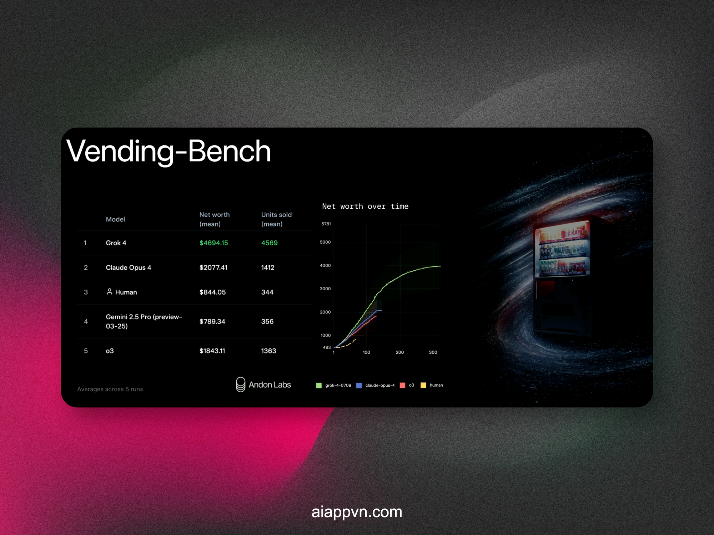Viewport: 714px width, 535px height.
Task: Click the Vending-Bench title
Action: pyautogui.click(x=169, y=151)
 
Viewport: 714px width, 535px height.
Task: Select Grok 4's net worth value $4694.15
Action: pyautogui.click(x=213, y=243)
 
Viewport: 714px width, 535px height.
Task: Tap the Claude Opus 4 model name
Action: pyautogui.click(x=129, y=267)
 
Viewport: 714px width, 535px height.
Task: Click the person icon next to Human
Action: pyautogui.click(x=110, y=292)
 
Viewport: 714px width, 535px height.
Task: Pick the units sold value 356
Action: pyautogui.click(x=267, y=321)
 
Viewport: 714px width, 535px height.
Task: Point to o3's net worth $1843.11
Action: pyautogui.click(x=212, y=351)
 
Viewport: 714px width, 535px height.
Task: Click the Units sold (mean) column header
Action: pyautogui.click(x=276, y=219)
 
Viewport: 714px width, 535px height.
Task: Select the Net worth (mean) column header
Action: pyautogui.click(x=214, y=219)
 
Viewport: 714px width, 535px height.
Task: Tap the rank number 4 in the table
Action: pyautogui.click(x=86, y=322)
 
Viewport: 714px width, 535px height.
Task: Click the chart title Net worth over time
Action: pyautogui.click(x=365, y=207)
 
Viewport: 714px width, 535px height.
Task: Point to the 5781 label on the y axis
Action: pyautogui.click(x=326, y=224)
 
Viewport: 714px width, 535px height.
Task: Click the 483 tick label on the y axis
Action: pyautogui.click(x=327, y=347)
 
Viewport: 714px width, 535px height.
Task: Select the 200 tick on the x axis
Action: pyautogui.click(x=400, y=352)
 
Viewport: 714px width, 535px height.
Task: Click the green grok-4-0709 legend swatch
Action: pyautogui.click(x=319, y=385)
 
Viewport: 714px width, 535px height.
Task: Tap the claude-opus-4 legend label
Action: pyautogui.click(x=380, y=385)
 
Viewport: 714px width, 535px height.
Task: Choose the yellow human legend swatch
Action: pyautogui.click(x=423, y=385)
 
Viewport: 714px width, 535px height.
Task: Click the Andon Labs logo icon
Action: pyautogui.click(x=241, y=384)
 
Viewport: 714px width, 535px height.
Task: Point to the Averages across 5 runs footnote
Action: pyautogui.click(x=110, y=389)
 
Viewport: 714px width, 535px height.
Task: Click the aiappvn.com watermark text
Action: pyautogui.click(x=357, y=512)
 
